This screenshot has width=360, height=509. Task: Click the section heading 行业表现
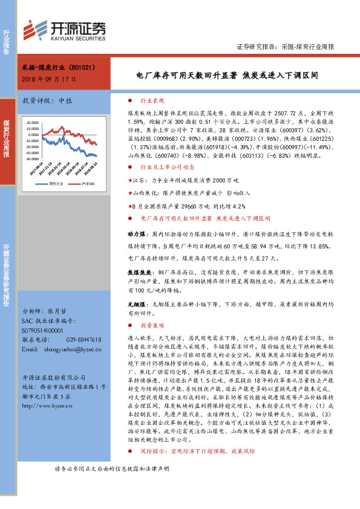[151, 101]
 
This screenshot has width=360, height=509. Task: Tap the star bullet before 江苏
[129, 180]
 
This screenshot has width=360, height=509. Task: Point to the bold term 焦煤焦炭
[137, 272]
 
